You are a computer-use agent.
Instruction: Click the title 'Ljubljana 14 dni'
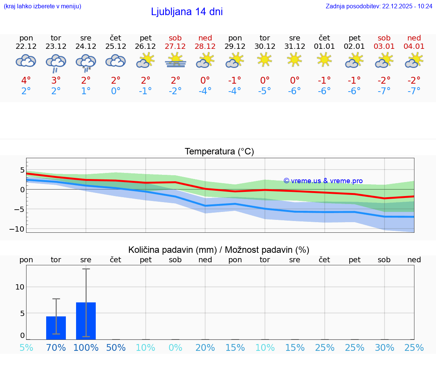point(187,12)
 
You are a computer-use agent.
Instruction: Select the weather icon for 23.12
point(56,62)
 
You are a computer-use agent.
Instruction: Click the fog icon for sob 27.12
point(176,61)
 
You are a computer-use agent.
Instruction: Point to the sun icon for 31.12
point(294,59)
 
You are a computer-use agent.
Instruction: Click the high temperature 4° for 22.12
point(26,81)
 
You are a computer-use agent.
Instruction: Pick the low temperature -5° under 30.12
point(265,91)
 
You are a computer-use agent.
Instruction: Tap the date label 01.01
point(324,46)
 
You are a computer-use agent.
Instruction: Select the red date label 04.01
point(414,46)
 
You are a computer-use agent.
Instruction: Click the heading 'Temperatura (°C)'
point(219,152)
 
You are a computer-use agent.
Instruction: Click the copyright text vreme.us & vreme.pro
point(323,181)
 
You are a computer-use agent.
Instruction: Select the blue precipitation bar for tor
point(56,328)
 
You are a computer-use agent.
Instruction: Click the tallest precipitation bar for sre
point(86,321)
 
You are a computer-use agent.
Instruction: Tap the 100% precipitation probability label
point(86,348)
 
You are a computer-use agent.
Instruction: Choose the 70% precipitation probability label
point(56,348)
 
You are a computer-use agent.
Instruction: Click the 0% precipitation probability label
point(176,348)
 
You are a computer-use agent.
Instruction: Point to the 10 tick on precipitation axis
point(20,287)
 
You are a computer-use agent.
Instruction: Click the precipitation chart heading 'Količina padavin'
point(172,250)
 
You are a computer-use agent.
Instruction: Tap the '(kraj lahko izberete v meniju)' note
point(42,6)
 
